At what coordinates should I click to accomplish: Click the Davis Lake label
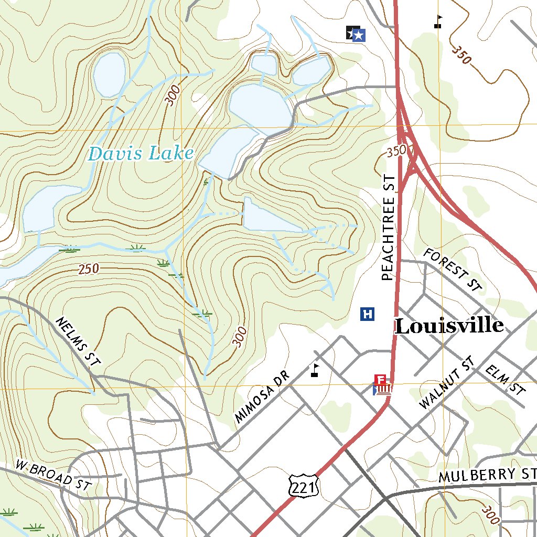click(x=141, y=154)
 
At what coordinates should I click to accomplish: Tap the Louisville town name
click(x=449, y=326)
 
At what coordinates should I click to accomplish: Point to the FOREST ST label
click(x=452, y=270)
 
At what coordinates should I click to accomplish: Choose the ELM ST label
click(x=505, y=380)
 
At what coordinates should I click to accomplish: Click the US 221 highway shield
click(x=303, y=488)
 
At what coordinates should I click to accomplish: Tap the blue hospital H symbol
click(x=368, y=314)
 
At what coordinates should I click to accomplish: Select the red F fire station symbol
click(x=381, y=379)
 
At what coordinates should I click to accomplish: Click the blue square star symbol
click(x=359, y=35)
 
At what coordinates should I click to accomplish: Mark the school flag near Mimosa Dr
click(x=315, y=370)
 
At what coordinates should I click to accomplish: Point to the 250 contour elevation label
click(x=89, y=270)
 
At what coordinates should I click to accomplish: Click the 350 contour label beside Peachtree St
click(x=396, y=152)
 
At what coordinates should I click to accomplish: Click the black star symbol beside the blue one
click(x=351, y=33)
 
